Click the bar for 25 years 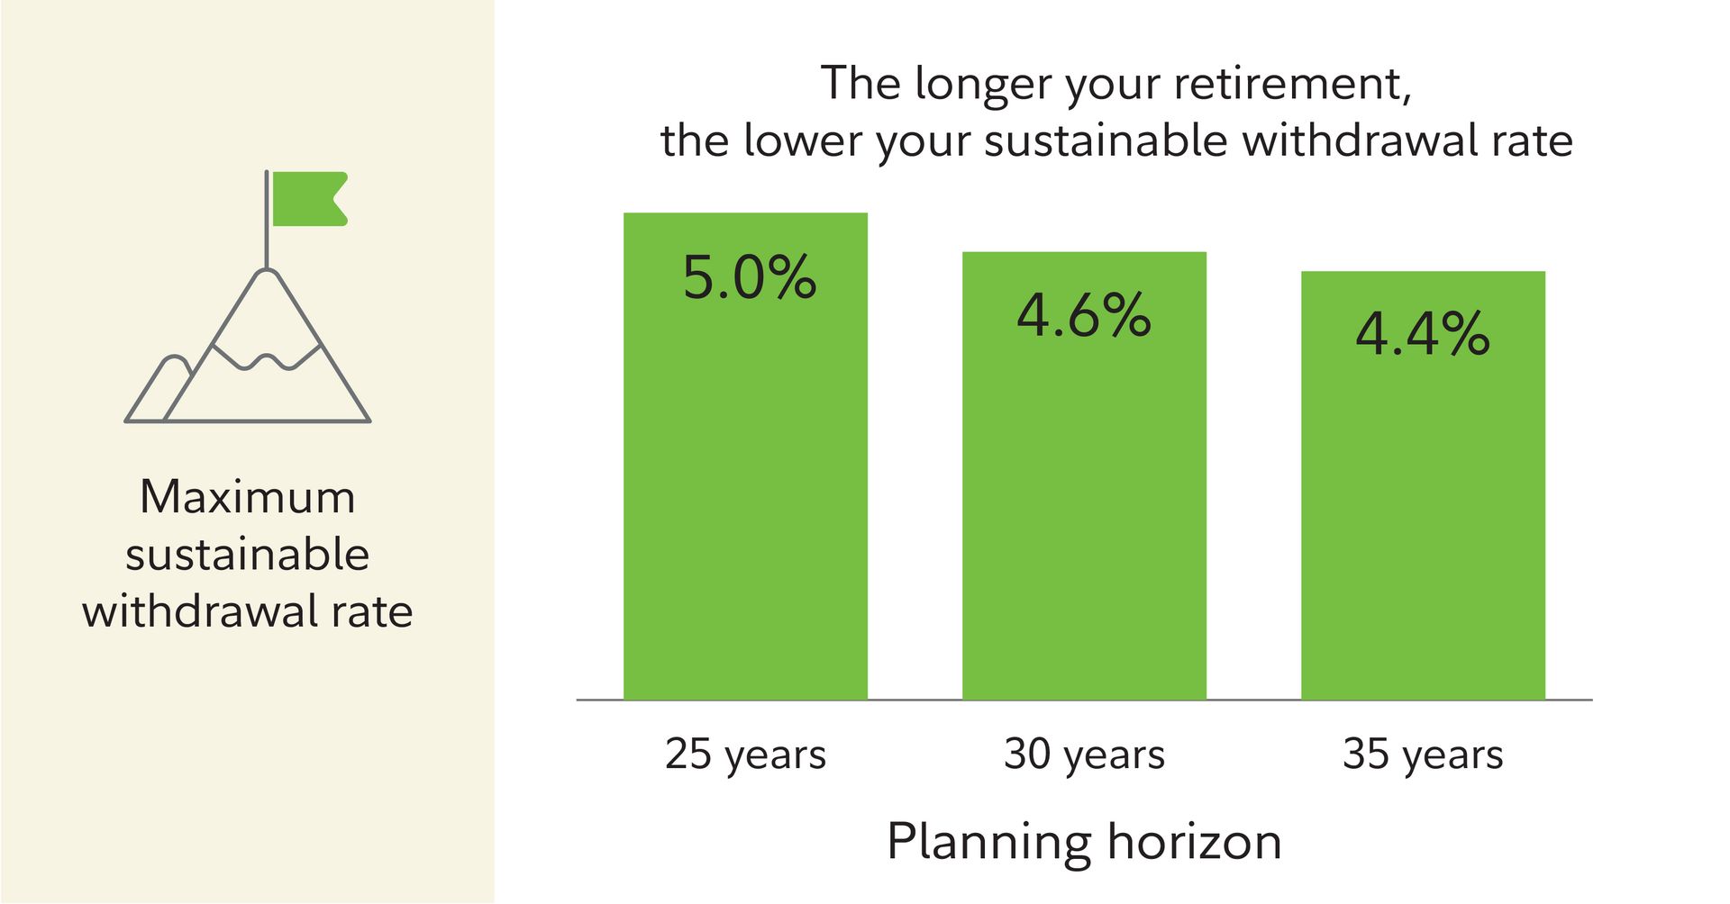(x=745, y=456)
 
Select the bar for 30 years (x=1084, y=475)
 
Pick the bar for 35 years (x=1423, y=485)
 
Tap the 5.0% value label (x=749, y=277)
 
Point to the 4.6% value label (x=1084, y=316)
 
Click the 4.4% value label (x=1423, y=335)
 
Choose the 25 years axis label (x=745, y=755)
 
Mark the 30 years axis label (x=1084, y=755)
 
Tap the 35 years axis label (x=1423, y=755)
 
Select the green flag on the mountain (x=310, y=198)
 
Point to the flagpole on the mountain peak (x=267, y=219)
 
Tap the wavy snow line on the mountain (x=267, y=357)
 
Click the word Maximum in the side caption (x=248, y=497)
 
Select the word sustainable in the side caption (x=248, y=555)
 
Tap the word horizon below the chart (x=1194, y=841)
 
